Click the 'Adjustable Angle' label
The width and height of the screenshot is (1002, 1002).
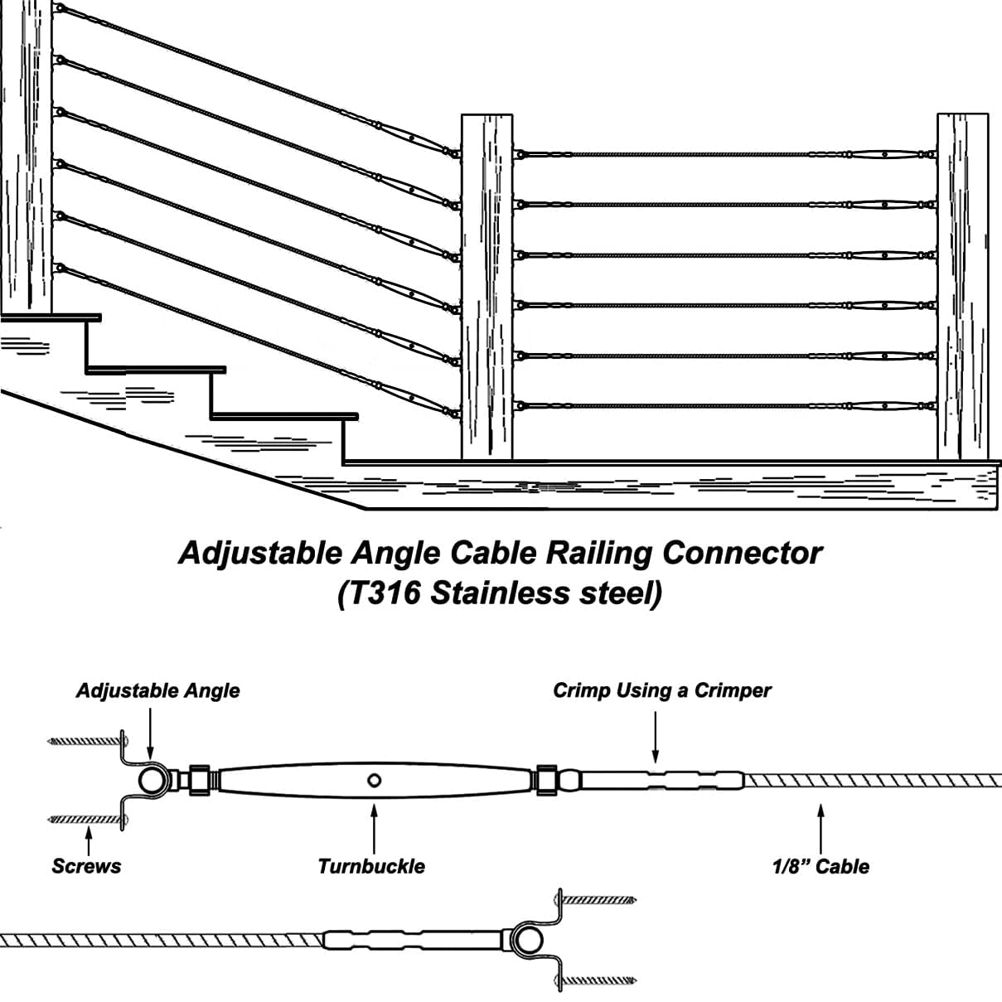(x=157, y=690)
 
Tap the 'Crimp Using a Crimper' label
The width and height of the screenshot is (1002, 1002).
(x=661, y=690)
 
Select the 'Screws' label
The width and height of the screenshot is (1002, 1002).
(x=86, y=866)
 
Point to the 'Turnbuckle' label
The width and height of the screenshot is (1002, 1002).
(x=371, y=866)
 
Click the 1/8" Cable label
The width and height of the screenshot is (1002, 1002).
(x=820, y=866)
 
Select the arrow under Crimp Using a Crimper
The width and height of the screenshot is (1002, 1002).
(x=656, y=733)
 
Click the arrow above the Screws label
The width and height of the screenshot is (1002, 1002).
(x=88, y=838)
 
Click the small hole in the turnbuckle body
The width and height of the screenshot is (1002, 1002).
(x=375, y=779)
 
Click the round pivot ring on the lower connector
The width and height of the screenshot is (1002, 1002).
(x=523, y=939)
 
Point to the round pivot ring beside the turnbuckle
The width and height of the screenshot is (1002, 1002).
(x=152, y=780)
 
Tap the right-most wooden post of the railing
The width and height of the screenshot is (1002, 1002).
(x=962, y=286)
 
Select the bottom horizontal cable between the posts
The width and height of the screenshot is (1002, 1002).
(x=680, y=407)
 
